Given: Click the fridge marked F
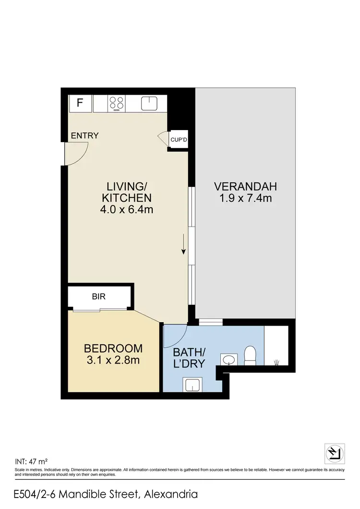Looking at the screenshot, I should pos(80,103).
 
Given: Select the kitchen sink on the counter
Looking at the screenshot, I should pos(149,103).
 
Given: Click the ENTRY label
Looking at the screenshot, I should pos(84,136).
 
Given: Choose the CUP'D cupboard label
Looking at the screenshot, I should pos(179,140).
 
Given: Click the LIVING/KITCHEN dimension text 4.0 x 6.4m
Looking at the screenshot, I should pos(127,209).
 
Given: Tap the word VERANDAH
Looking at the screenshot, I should pos(246,186).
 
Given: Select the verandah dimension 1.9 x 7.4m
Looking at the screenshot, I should pos(246,198).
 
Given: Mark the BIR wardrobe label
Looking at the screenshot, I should pos(99,297).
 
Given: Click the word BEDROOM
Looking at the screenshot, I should pos(113,348).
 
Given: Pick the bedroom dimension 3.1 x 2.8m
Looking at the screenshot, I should pos(113,360).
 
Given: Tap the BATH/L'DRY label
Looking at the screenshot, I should pos(189,358).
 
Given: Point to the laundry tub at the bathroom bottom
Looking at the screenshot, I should pos(192,384).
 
